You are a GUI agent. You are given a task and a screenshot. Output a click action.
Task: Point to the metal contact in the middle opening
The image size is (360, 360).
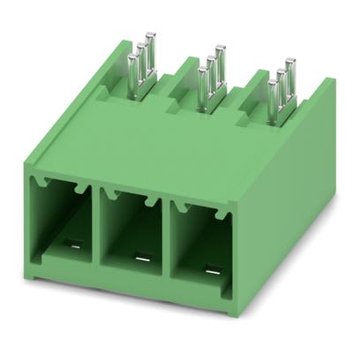(x=141, y=259)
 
